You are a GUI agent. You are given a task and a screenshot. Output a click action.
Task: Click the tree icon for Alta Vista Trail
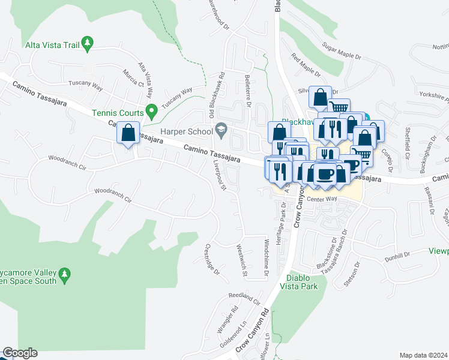coord(88,43)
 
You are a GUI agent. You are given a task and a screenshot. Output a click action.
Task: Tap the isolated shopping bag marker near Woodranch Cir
coord(128,133)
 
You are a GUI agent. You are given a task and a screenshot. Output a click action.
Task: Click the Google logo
coord(20,353)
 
